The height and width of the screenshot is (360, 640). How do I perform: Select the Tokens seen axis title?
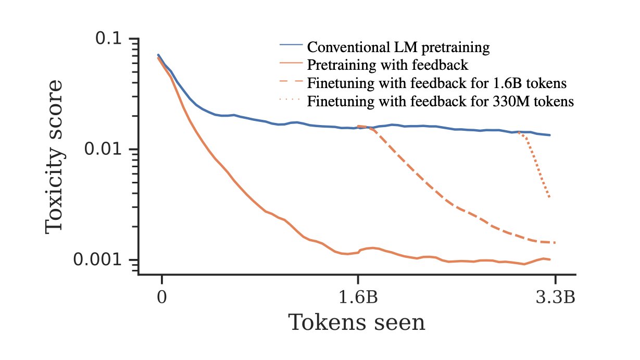click(x=357, y=323)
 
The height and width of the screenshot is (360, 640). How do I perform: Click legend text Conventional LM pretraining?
click(x=398, y=47)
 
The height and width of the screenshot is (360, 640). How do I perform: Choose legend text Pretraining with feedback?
click(x=388, y=65)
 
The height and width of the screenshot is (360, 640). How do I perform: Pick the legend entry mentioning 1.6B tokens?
click(x=436, y=83)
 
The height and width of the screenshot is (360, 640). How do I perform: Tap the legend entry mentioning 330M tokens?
click(x=441, y=101)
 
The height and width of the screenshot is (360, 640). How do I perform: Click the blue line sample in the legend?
click(x=291, y=45)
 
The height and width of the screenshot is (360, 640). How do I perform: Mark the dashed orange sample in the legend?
click(x=291, y=81)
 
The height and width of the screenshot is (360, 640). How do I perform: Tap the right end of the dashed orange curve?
click(x=555, y=242)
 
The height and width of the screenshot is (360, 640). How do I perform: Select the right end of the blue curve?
click(x=550, y=135)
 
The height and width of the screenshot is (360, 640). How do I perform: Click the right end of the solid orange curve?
click(x=550, y=259)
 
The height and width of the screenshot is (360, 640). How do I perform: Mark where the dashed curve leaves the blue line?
click(x=358, y=126)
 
